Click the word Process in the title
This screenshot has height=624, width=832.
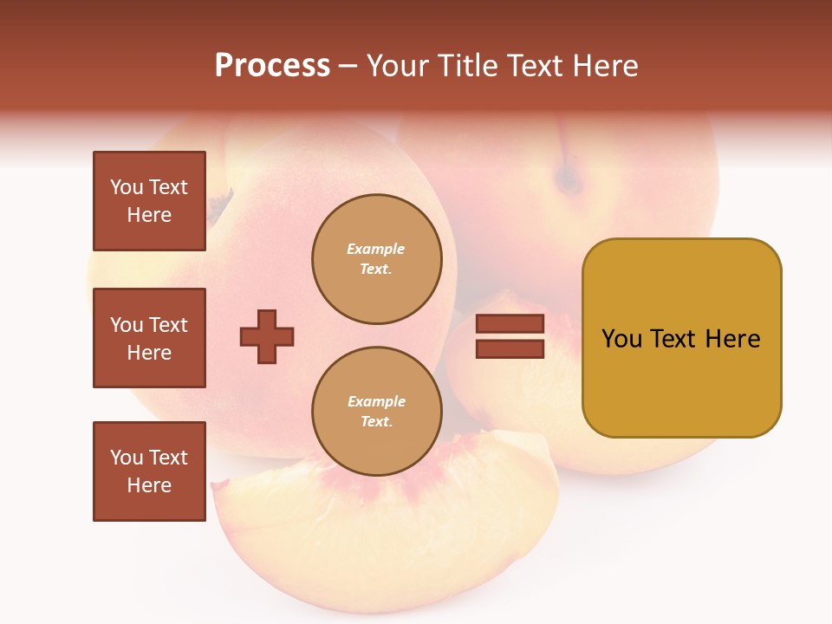[x=272, y=66]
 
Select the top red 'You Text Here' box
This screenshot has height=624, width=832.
[x=149, y=201]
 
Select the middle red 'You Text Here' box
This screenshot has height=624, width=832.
[x=149, y=338]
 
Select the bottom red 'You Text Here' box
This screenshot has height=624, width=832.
[x=149, y=471]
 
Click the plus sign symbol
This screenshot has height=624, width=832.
[x=267, y=336]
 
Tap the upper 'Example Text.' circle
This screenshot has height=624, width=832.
[x=376, y=259]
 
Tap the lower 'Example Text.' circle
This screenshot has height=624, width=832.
[x=376, y=412]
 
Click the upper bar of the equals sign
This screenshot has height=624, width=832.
[x=510, y=324]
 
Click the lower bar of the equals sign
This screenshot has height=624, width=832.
[x=510, y=349]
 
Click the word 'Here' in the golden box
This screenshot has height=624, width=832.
[x=732, y=339]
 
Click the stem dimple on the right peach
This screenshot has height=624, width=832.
[x=569, y=179]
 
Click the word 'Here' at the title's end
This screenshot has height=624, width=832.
[x=604, y=66]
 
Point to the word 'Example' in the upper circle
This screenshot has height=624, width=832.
[x=376, y=250]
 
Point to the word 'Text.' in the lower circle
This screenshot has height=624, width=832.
[x=376, y=422]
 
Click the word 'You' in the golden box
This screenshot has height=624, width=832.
[x=621, y=339]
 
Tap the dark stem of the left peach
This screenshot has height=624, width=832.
[x=219, y=206]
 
